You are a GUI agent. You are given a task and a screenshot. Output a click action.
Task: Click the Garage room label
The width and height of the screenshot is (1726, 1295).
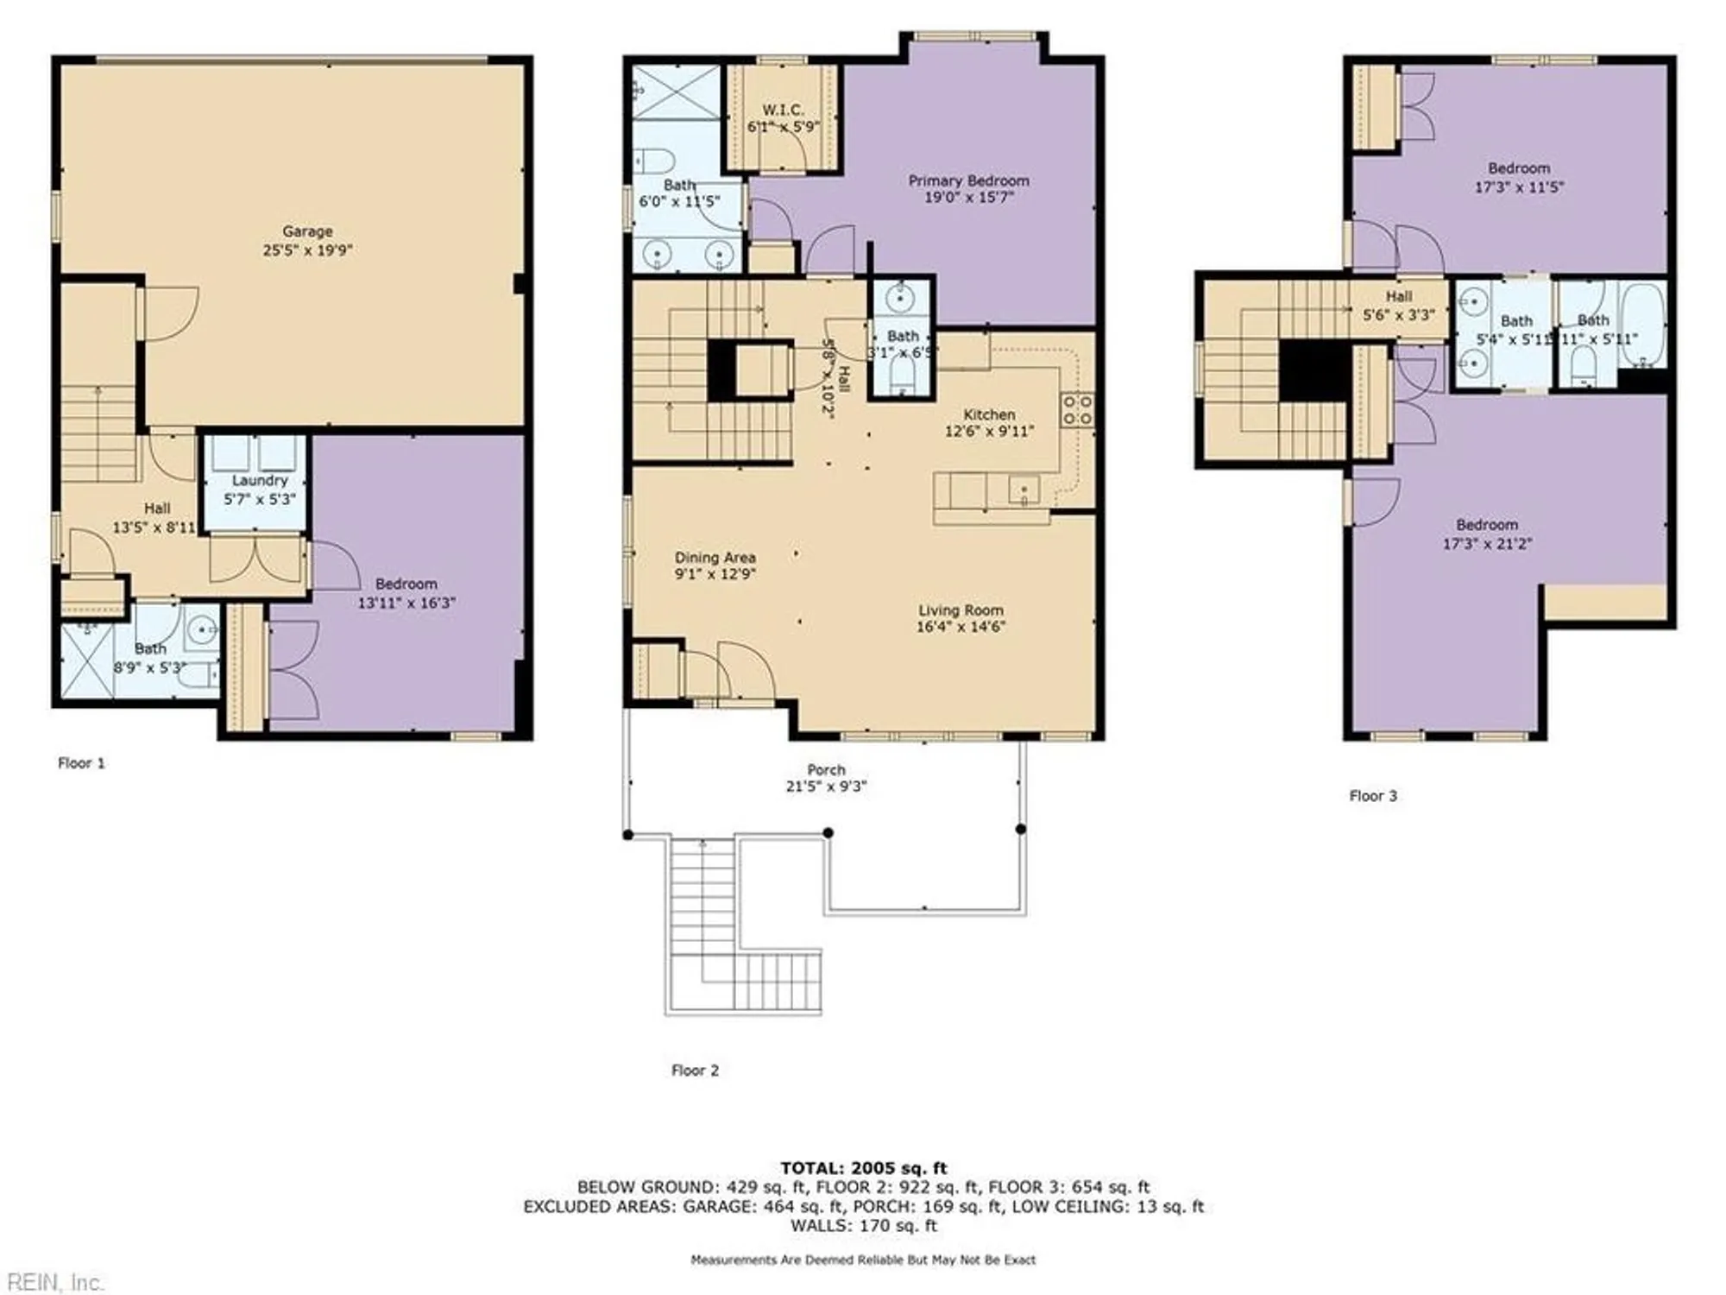pyautogui.click(x=307, y=231)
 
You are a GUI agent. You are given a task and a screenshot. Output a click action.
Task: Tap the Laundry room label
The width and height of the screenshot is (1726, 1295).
pyautogui.click(x=259, y=480)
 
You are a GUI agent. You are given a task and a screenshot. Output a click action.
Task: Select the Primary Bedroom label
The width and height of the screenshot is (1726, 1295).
pyautogui.click(x=968, y=180)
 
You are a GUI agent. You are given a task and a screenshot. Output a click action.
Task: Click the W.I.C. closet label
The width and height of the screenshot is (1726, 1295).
pyautogui.click(x=783, y=110)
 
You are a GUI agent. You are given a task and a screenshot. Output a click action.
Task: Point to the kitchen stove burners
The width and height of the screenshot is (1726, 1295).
pyautogui.click(x=1077, y=409)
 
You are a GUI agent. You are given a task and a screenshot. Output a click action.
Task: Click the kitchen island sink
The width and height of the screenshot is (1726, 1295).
pyautogui.click(x=1024, y=490)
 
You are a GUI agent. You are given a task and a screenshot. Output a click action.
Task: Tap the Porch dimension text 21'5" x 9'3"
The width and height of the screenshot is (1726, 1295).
pyautogui.click(x=826, y=786)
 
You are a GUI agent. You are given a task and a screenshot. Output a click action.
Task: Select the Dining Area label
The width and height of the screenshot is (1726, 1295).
pyautogui.click(x=715, y=557)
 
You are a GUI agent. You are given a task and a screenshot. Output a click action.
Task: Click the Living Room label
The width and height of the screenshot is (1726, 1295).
pyautogui.click(x=961, y=610)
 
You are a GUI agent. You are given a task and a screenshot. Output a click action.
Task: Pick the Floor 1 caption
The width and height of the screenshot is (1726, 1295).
pyautogui.click(x=81, y=762)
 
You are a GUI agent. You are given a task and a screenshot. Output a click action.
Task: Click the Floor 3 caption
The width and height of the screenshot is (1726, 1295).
pyautogui.click(x=1372, y=795)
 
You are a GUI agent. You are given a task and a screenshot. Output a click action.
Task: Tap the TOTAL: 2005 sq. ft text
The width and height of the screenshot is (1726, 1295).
pyautogui.click(x=863, y=1168)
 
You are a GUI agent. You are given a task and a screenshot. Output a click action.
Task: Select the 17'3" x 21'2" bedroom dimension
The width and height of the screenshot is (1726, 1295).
pyautogui.click(x=1487, y=544)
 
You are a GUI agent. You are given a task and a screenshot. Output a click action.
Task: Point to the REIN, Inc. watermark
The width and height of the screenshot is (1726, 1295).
pyautogui.click(x=54, y=1282)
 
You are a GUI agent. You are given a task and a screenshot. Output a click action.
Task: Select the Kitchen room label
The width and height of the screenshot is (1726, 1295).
pyautogui.click(x=989, y=414)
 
